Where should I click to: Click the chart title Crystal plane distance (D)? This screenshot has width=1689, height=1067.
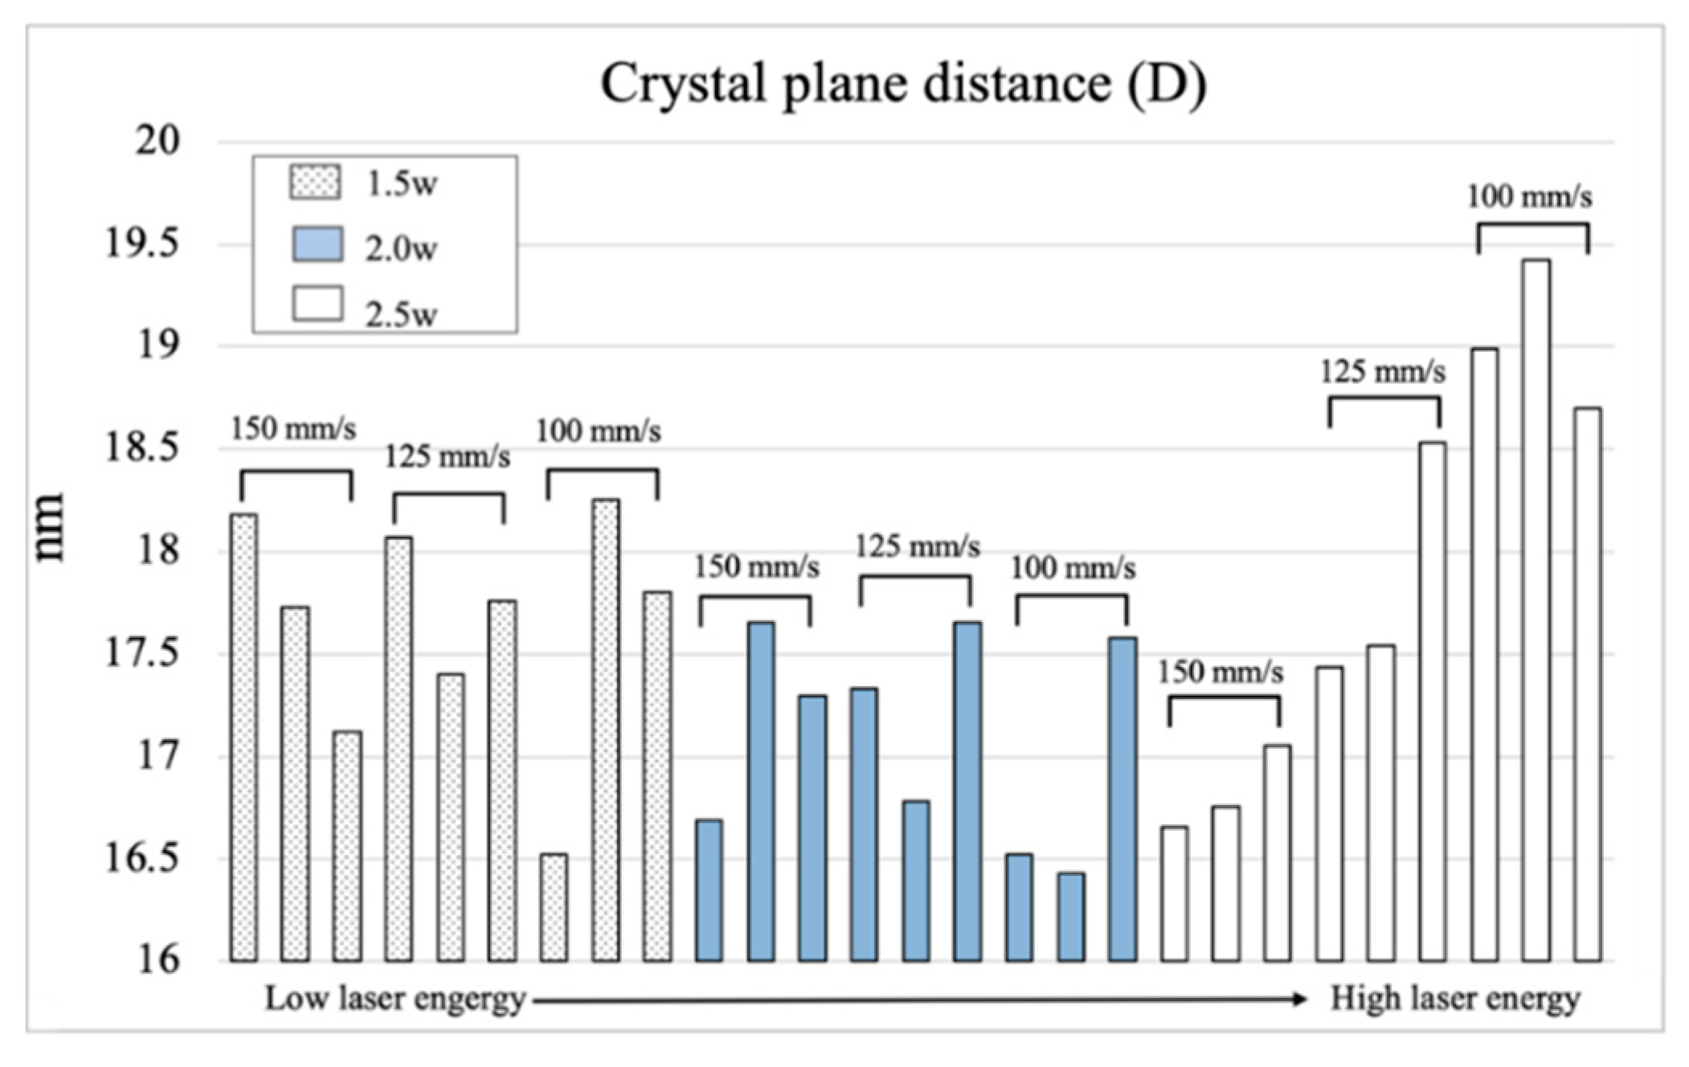point(903,84)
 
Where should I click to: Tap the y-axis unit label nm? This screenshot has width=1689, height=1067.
point(50,527)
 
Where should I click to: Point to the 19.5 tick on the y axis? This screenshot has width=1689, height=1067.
point(141,243)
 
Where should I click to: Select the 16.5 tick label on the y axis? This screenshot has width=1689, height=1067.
point(141,858)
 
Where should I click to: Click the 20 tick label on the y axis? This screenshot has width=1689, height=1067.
point(157,141)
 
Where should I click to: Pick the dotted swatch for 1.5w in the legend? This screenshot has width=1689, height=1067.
point(315,182)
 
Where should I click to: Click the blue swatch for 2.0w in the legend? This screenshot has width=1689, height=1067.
point(317,244)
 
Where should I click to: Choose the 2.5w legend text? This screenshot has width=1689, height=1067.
point(401,313)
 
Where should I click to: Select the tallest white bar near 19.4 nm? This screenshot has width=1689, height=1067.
point(1536,611)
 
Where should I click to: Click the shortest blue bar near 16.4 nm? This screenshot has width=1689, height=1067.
point(1070,917)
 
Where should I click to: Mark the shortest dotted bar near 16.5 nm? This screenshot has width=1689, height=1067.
point(554,907)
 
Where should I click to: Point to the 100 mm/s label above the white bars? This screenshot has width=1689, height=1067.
point(1529,197)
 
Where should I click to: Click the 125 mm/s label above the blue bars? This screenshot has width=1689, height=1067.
point(917,547)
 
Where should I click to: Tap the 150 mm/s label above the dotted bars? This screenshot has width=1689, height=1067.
point(293,429)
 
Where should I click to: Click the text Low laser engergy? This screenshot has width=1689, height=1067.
point(395,999)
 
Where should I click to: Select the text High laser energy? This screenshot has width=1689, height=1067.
point(1454,999)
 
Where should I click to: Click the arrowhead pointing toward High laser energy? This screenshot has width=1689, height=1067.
point(1299,1000)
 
